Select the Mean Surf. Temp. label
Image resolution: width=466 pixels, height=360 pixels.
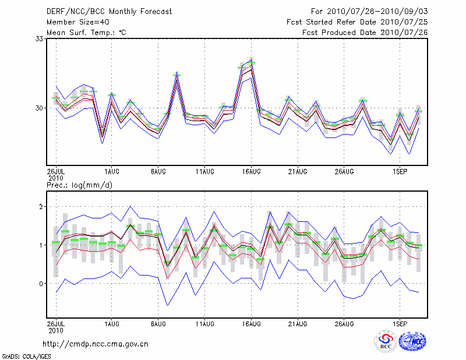click(86, 33)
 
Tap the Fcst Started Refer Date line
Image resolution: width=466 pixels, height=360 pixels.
click(357, 22)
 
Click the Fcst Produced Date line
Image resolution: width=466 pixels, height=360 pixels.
click(365, 33)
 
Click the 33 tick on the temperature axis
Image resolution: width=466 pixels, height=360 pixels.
click(39, 39)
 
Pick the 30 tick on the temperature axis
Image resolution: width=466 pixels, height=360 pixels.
click(39, 108)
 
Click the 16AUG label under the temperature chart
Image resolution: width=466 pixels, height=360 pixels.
click(251, 172)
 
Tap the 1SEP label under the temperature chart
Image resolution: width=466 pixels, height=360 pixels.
click(399, 172)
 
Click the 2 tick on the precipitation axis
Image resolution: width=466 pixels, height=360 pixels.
click(41, 207)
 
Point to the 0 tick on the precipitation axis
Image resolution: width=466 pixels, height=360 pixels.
click(41, 284)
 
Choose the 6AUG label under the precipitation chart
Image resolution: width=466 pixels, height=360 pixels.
click(158, 322)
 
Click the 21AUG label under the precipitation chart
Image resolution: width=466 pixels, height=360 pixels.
click(298, 322)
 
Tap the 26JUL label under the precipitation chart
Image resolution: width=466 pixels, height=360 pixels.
click(55, 322)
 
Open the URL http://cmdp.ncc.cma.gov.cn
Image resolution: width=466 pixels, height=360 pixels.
click(96, 344)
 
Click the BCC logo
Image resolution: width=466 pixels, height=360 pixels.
click(386, 341)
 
